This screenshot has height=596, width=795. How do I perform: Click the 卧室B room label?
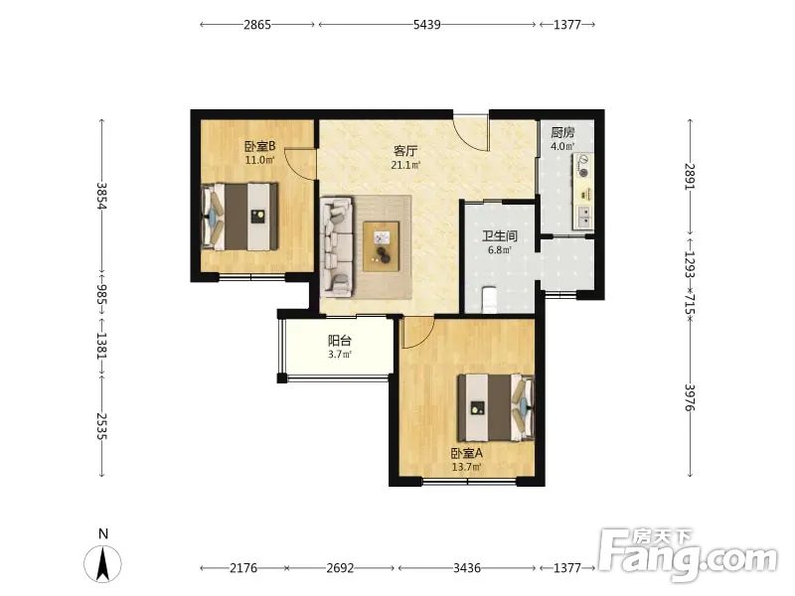(x=260, y=146)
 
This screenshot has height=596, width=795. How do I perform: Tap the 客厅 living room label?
(x=405, y=151)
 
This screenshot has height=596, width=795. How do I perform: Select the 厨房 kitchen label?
(x=562, y=133)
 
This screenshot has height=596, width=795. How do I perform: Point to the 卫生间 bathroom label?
(x=500, y=236)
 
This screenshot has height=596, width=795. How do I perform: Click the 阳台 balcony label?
(x=340, y=341)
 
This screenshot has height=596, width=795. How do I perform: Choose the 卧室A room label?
(x=467, y=453)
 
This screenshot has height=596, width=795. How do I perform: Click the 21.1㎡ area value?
(x=405, y=165)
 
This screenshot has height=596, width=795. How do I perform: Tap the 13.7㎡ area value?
(x=467, y=467)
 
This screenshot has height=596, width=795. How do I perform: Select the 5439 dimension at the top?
(x=427, y=24)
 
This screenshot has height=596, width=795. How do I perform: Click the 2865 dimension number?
(x=257, y=24)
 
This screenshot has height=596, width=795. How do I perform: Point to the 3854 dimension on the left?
(x=102, y=196)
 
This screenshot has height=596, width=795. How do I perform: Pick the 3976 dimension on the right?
(x=690, y=397)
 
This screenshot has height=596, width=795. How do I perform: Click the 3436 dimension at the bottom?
(x=466, y=568)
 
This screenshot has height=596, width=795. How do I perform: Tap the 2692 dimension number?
(x=340, y=568)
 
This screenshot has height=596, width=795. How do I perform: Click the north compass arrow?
(x=103, y=564)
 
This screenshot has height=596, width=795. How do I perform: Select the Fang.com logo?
(x=688, y=555)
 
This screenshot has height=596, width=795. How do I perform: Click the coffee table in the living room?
(x=381, y=246)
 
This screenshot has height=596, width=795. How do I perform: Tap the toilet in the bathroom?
(x=488, y=300)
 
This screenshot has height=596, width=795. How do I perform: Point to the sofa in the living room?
(x=337, y=246)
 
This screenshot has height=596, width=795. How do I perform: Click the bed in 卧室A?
(x=496, y=407)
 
